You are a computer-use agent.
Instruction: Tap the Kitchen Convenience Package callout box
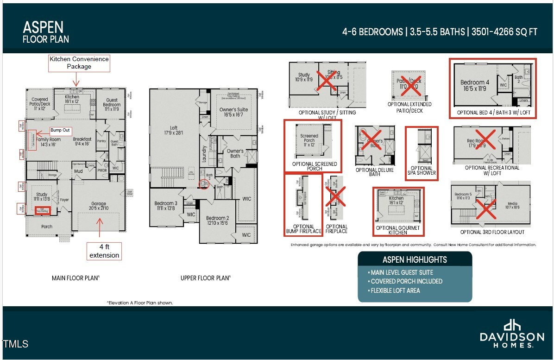(x=79, y=63)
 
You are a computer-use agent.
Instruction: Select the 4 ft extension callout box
(x=104, y=252)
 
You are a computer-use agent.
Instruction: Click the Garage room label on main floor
(x=98, y=206)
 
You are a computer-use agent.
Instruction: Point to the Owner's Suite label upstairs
(x=233, y=112)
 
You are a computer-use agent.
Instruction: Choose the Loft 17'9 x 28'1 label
(x=173, y=130)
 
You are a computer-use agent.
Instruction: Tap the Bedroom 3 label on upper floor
(x=166, y=206)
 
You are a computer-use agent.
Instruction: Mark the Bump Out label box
(x=60, y=131)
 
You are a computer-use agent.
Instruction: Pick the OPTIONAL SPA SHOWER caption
(x=421, y=171)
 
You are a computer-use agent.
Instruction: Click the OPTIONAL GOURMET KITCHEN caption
(x=398, y=230)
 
